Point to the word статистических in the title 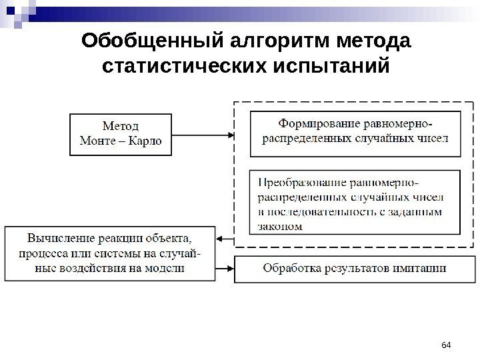(x=174, y=67)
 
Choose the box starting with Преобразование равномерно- (x=355, y=201)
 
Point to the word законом (x=279, y=225)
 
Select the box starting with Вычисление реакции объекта (x=111, y=253)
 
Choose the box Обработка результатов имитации (x=355, y=269)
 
